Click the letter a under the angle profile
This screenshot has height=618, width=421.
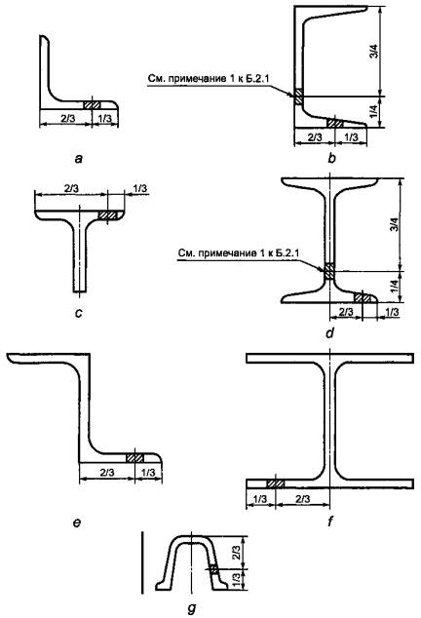point(79,159)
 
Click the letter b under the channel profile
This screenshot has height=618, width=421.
point(331,159)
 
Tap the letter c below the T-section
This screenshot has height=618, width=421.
point(79,313)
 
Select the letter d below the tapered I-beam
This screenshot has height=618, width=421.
point(330,333)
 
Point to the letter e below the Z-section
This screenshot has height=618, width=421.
point(77,522)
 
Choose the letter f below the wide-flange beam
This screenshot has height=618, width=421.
point(330,521)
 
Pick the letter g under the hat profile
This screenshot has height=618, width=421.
point(192,609)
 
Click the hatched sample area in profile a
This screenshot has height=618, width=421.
point(92,105)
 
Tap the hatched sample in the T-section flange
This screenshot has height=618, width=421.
point(108,215)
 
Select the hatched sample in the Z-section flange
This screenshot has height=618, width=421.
point(134,458)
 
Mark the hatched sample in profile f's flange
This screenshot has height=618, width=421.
point(276,483)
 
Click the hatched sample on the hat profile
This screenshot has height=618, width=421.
point(213,570)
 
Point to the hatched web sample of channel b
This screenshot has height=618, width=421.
point(298,97)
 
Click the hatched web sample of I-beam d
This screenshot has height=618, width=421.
point(329,271)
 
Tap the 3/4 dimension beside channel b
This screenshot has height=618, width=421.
point(375,52)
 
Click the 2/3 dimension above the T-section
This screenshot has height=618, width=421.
point(71,188)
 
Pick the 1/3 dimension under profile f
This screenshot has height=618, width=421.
point(260,499)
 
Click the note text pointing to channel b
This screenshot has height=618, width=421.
point(209,79)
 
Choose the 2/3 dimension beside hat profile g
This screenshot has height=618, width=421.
point(237,553)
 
